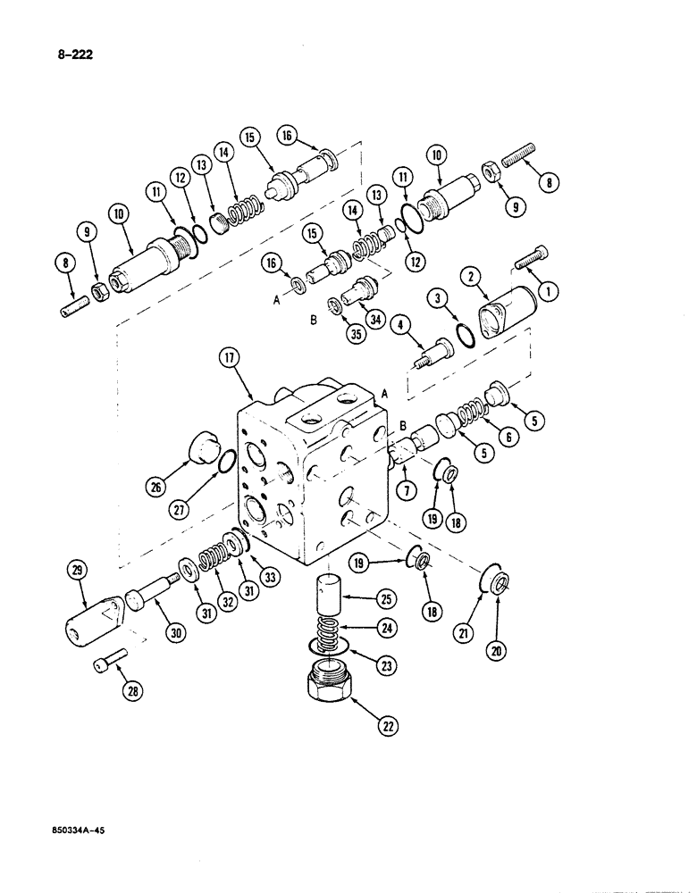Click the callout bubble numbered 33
point(271,577)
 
